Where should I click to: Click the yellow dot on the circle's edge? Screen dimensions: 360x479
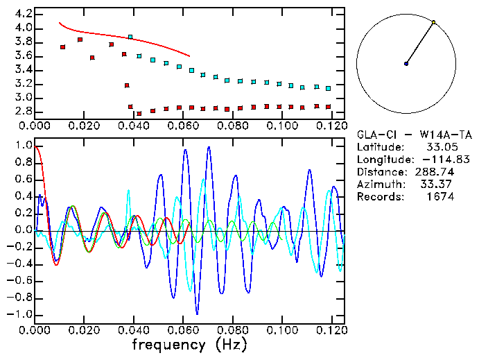[434, 22]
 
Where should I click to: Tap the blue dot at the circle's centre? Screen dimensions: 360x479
[406, 64]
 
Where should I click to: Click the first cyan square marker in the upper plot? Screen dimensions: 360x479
[130, 37]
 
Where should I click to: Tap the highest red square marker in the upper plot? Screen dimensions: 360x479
[80, 40]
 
